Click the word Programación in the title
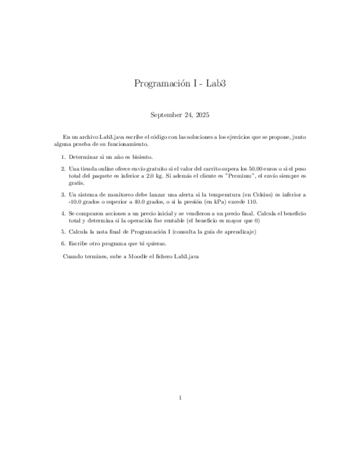point(159,84)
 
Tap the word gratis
point(76,183)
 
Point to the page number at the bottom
point(180,398)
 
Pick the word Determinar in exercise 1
point(83,157)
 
